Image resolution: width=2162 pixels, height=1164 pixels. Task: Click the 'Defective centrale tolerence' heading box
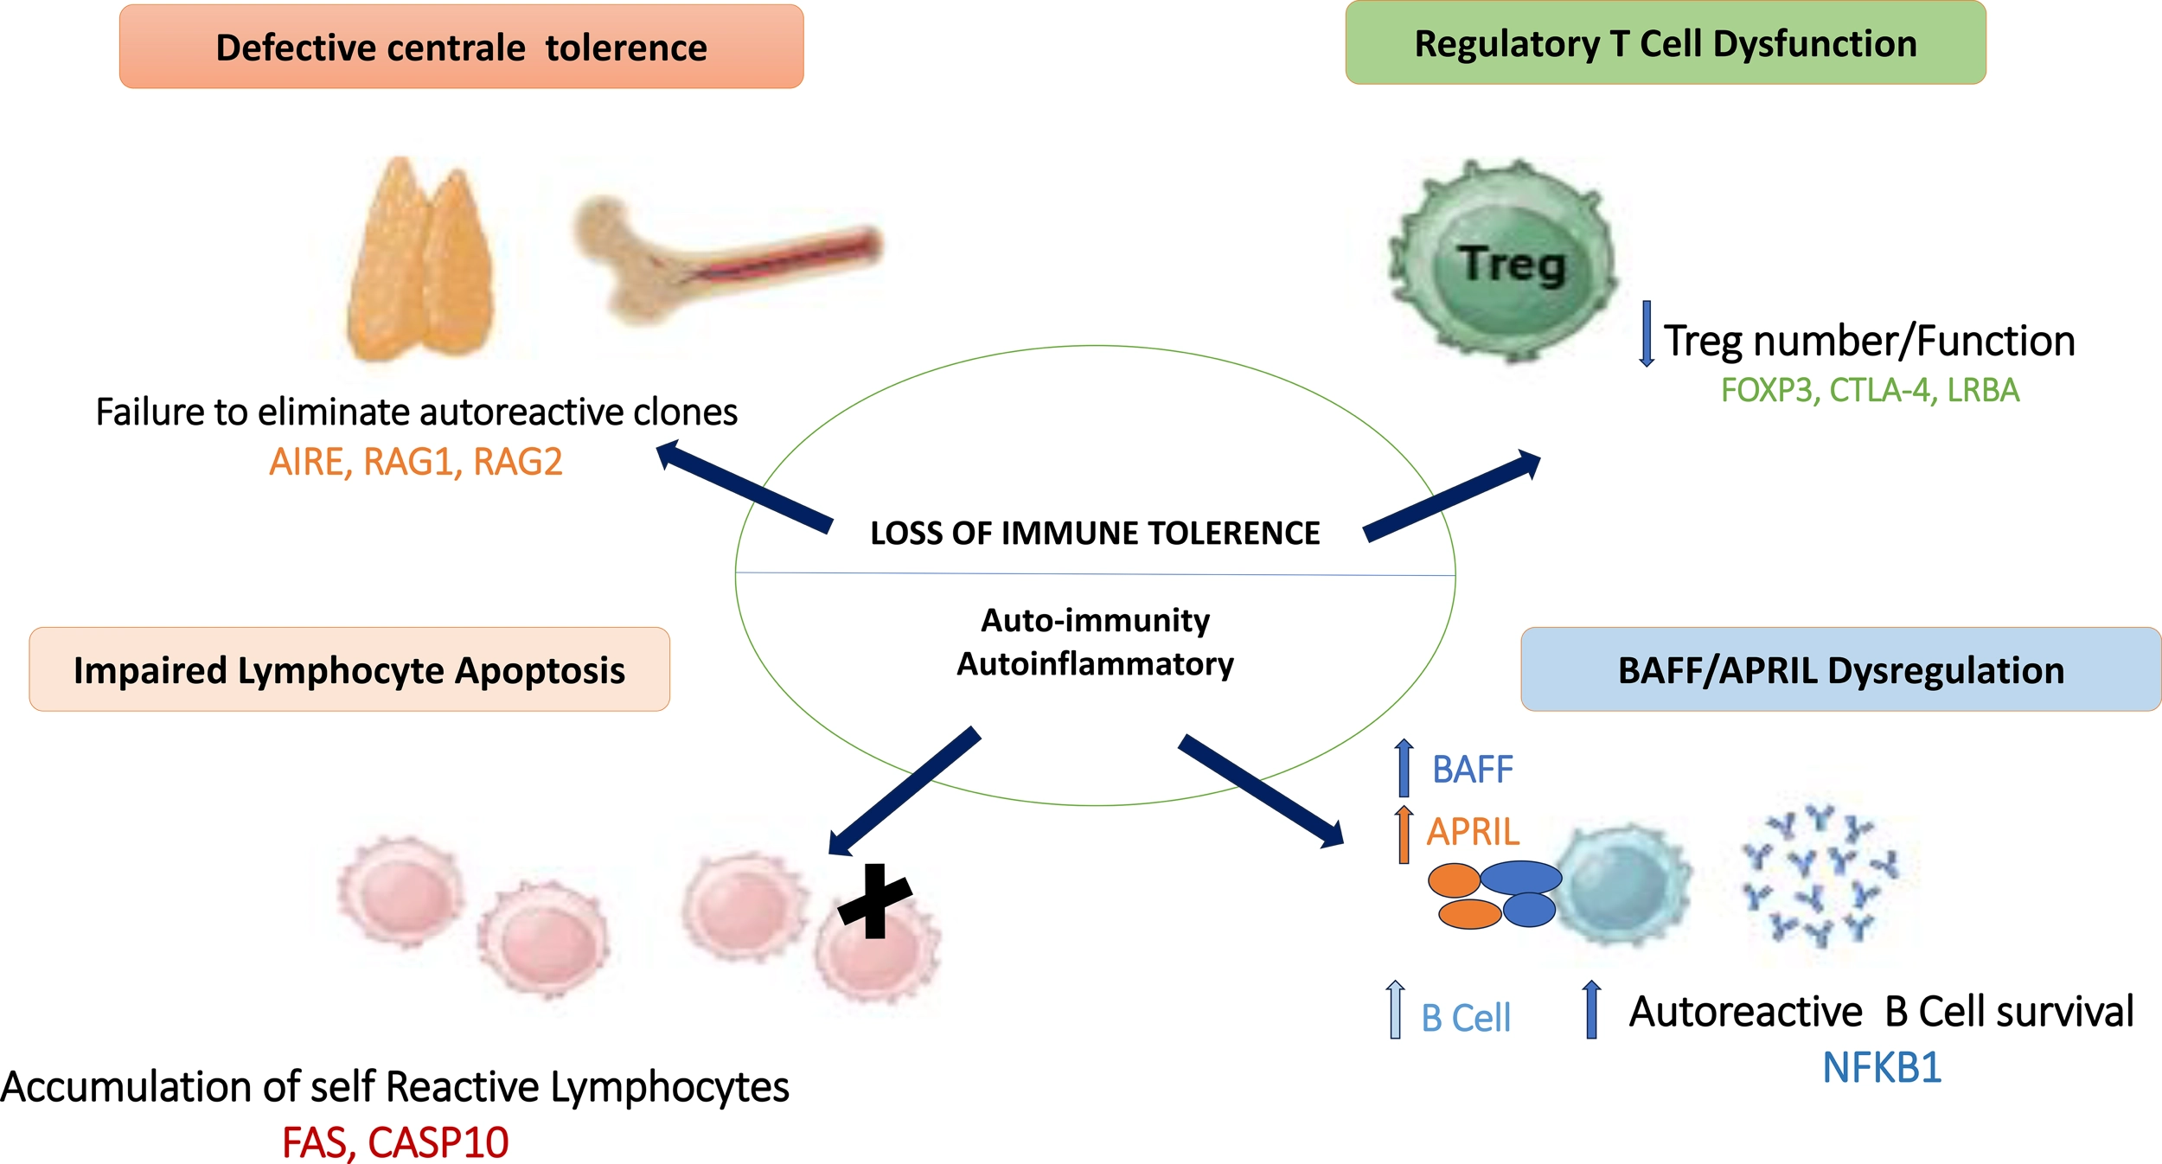(x=461, y=47)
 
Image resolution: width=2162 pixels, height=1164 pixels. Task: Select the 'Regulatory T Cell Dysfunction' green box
(x=1665, y=43)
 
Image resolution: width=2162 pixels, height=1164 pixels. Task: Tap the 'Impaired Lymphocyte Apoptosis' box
(x=349, y=669)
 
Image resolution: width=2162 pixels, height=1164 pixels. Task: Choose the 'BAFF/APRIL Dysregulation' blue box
(x=1840, y=669)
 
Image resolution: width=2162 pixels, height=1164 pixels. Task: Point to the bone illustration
(x=726, y=256)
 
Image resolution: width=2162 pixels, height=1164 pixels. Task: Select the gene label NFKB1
(x=1882, y=1068)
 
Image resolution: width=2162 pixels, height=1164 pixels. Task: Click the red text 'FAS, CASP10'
(x=395, y=1142)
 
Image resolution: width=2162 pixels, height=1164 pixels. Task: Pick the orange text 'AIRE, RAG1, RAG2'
(x=415, y=462)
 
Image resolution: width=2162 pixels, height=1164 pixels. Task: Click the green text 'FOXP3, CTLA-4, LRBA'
(x=1870, y=391)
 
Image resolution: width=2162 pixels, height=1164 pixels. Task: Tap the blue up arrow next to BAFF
(x=1404, y=768)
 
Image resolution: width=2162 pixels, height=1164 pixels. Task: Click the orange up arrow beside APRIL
(x=1404, y=834)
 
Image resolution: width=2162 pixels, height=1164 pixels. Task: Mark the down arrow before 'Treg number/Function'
(x=1647, y=334)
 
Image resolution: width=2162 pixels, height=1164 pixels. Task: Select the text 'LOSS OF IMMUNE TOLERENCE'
(x=1095, y=533)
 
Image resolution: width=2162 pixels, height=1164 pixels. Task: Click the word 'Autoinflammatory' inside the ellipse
(x=1095, y=664)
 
